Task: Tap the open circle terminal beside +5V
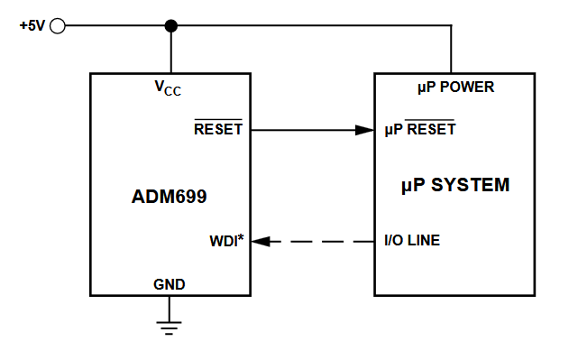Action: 58,26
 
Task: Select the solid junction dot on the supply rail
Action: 171,26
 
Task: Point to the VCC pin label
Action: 169,88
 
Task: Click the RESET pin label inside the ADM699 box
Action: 218,129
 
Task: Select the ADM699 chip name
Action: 170,195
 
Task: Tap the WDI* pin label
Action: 226,242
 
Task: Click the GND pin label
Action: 170,284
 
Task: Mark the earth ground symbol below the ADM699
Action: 170,326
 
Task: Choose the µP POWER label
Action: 455,88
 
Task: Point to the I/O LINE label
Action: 412,241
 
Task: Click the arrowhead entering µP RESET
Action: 364,130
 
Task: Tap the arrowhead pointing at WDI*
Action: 259,242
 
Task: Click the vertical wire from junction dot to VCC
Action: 171,51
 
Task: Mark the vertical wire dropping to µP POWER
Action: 451,50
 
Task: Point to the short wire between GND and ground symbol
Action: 170,307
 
